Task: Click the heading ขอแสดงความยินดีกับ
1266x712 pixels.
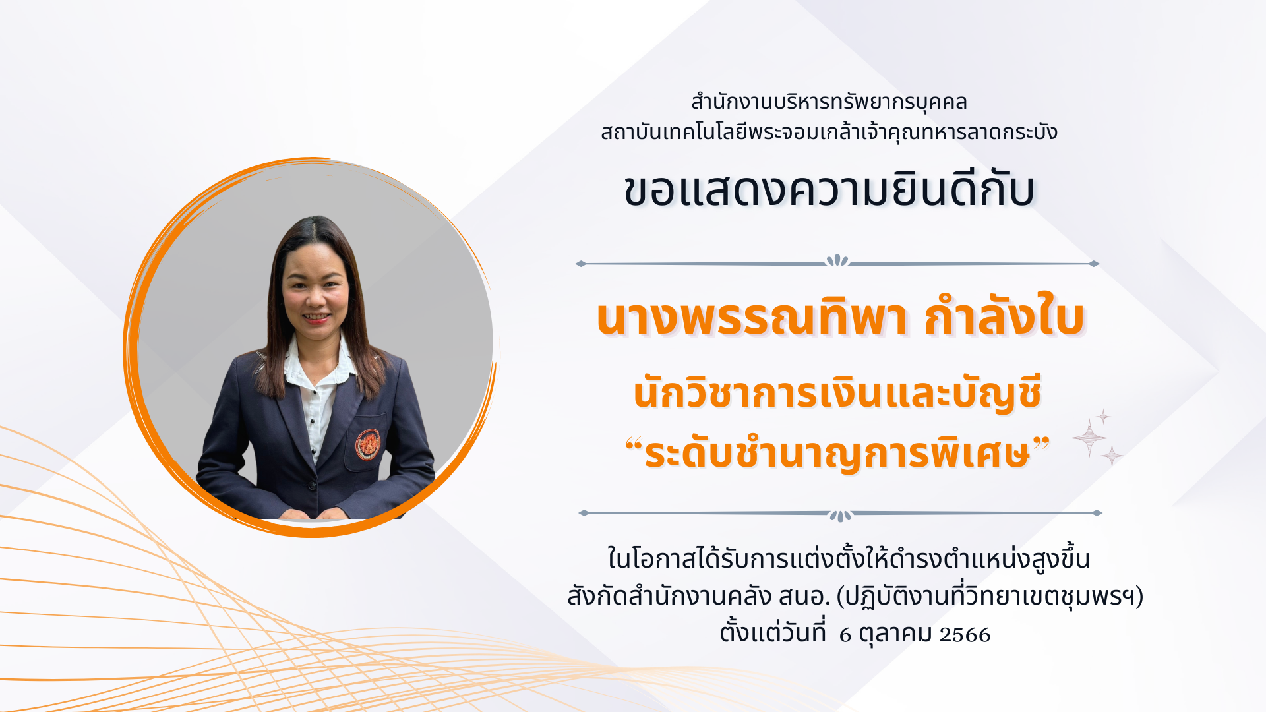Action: pyautogui.click(x=829, y=191)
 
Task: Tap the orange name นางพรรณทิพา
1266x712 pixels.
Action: pyautogui.click(x=752, y=319)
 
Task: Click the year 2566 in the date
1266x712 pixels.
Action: pyautogui.click(x=965, y=635)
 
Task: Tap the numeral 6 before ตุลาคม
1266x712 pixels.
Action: pyautogui.click(x=845, y=635)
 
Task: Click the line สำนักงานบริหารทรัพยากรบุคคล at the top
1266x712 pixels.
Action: pyautogui.click(x=829, y=102)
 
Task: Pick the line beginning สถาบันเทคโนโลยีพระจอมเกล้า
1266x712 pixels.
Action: pyautogui.click(x=829, y=132)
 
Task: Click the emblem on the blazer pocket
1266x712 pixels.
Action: pyautogui.click(x=368, y=444)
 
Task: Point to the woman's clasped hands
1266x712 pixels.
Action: pyautogui.click(x=313, y=514)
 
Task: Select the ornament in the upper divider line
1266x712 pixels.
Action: pyautogui.click(x=837, y=261)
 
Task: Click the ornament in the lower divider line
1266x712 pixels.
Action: pyautogui.click(x=840, y=516)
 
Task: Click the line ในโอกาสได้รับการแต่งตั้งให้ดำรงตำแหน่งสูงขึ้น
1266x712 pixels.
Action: pyautogui.click(x=849, y=558)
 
